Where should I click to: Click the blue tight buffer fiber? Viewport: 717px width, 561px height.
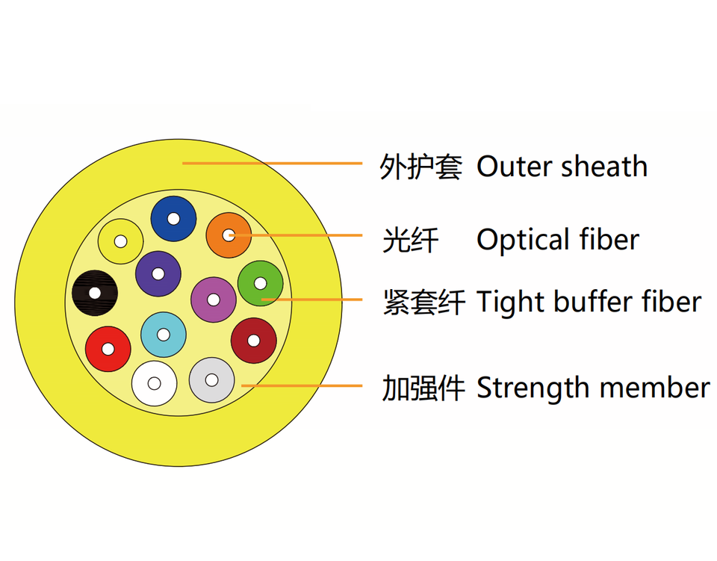[x=173, y=219]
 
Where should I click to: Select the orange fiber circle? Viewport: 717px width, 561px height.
[x=229, y=235]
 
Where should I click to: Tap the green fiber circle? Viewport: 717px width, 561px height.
[x=260, y=284]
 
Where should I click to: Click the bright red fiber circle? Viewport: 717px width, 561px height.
[x=108, y=349]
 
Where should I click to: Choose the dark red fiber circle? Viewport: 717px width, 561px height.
[x=253, y=341]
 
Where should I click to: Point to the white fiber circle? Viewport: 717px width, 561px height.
[x=155, y=383]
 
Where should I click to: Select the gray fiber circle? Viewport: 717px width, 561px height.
[x=212, y=379]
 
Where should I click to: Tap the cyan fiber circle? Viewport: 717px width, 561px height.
[x=164, y=334]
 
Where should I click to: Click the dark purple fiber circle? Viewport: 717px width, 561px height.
[x=158, y=273]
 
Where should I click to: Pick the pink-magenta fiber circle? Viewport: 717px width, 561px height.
[x=214, y=300]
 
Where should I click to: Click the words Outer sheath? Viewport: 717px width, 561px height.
[x=562, y=167]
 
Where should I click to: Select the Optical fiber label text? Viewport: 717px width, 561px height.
[x=558, y=240]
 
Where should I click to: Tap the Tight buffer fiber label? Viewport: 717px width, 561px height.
[x=589, y=302]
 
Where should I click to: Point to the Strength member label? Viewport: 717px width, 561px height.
[x=592, y=388]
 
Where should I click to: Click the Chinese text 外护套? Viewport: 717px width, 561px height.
[x=420, y=167]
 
